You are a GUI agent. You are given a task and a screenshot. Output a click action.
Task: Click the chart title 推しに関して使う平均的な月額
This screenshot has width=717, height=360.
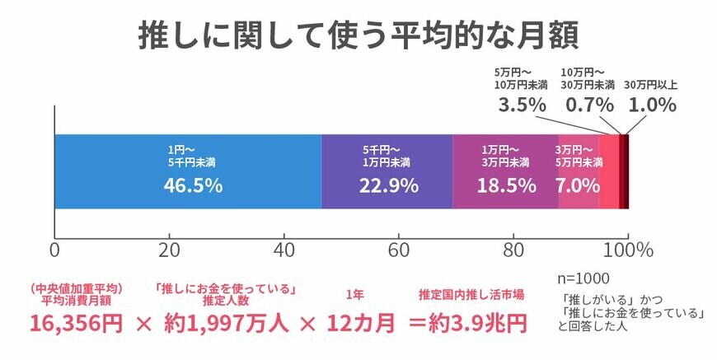[x=358, y=37]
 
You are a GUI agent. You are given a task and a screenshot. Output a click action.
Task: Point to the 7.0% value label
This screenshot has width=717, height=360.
[x=577, y=185]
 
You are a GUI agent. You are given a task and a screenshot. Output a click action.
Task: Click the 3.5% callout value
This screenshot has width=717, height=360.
[x=522, y=105]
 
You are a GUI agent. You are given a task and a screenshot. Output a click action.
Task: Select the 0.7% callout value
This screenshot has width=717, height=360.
[x=588, y=105]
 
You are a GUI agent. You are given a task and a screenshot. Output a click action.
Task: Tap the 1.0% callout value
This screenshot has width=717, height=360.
[x=652, y=105]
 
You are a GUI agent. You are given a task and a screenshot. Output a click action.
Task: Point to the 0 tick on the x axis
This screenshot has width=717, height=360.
[x=54, y=250]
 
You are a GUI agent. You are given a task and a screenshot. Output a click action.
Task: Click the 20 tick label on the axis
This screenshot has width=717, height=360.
[x=170, y=250]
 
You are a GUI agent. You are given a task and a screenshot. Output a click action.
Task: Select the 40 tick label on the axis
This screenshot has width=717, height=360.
[x=284, y=250]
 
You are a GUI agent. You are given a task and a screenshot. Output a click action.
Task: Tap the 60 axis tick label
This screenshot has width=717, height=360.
[x=399, y=250]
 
